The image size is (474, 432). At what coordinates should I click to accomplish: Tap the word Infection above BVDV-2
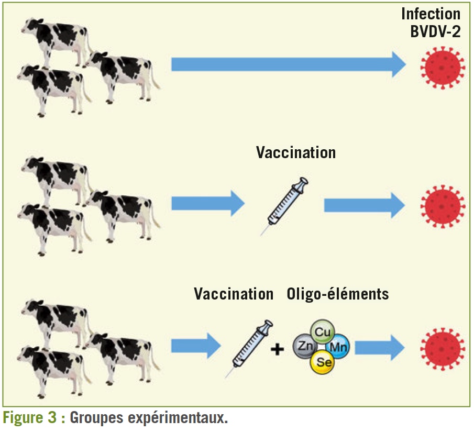tap(431, 13)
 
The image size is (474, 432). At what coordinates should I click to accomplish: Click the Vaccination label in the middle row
tap(296, 152)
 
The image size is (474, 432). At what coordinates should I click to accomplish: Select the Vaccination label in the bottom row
tap(234, 294)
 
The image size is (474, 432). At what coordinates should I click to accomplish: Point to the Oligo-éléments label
tap(338, 294)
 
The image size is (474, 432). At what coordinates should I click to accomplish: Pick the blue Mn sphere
tap(336, 347)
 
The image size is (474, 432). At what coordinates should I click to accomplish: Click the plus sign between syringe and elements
tap(277, 348)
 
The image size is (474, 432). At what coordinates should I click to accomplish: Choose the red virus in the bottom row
tap(443, 348)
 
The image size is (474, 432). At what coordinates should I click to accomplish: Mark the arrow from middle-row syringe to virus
tap(364, 205)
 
